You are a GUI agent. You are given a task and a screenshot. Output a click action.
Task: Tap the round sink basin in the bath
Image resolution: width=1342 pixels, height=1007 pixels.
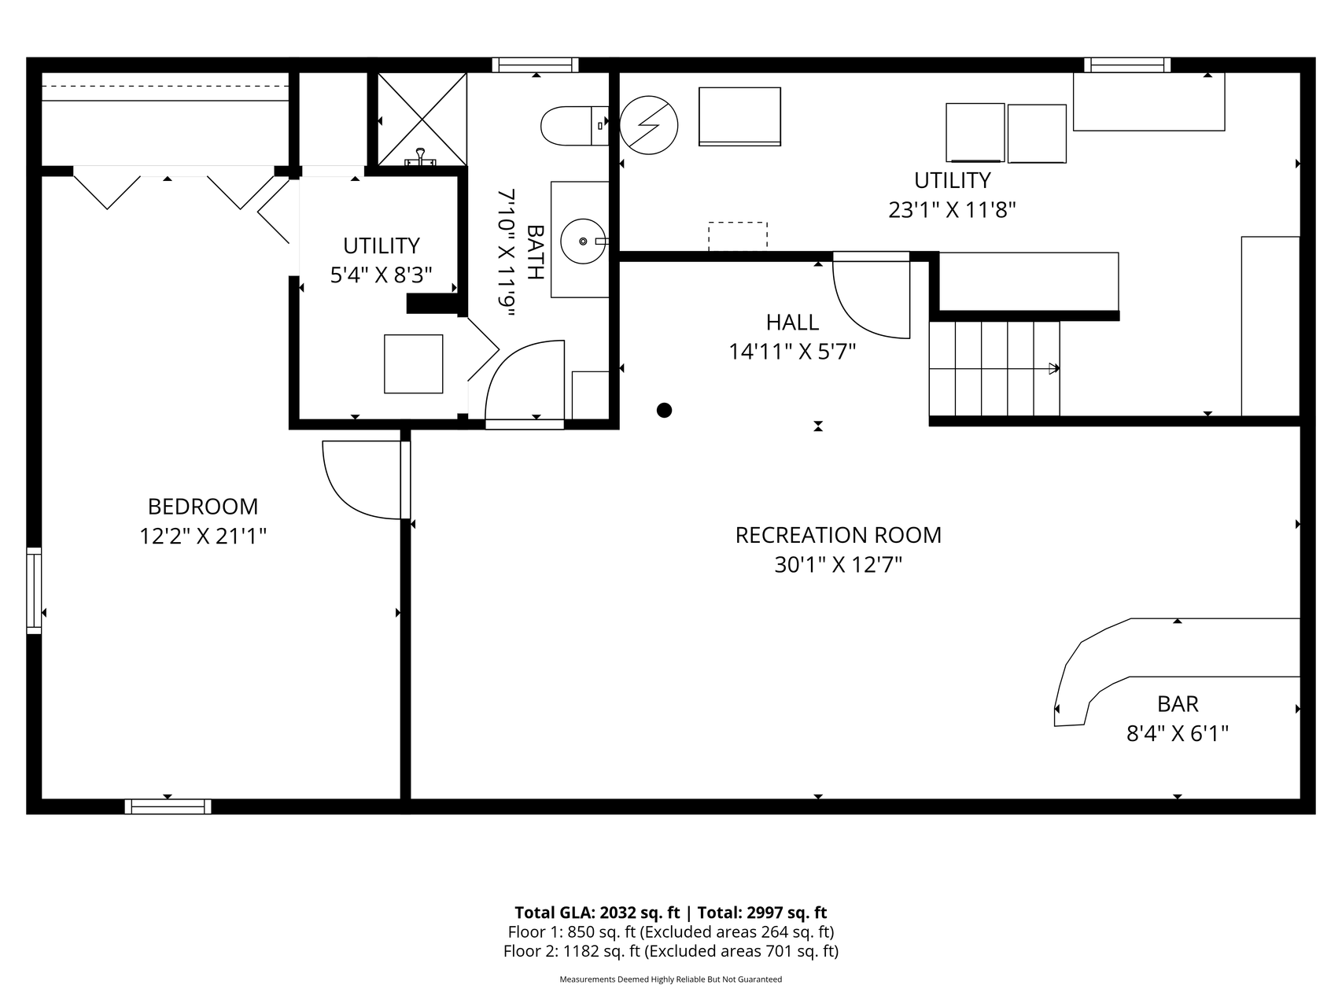(x=583, y=240)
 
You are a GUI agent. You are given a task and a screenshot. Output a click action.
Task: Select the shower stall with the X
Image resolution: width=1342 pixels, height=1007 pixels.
(x=422, y=120)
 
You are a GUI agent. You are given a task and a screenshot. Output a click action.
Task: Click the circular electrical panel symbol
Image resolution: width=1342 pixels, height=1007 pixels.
(x=649, y=125)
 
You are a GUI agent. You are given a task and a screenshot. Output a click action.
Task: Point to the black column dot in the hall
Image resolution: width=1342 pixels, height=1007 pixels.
(x=665, y=410)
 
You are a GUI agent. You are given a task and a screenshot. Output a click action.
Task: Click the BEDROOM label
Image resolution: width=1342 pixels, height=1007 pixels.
(x=203, y=506)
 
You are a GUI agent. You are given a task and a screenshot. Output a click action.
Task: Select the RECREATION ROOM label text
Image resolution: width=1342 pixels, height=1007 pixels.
(x=839, y=535)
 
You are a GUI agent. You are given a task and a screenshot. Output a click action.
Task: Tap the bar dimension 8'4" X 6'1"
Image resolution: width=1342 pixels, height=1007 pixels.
(x=1178, y=734)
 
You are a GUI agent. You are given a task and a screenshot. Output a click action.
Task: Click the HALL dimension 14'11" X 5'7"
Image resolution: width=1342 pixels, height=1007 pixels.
(x=792, y=351)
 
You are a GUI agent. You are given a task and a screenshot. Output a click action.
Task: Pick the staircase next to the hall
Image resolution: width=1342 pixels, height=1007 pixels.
(x=995, y=368)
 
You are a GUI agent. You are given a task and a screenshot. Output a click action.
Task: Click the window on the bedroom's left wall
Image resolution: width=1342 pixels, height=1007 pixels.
(x=34, y=590)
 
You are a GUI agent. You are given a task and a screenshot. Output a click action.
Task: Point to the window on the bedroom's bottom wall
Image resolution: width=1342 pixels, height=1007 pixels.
(x=168, y=806)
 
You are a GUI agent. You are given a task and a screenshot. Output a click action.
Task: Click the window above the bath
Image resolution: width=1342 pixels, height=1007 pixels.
(x=536, y=65)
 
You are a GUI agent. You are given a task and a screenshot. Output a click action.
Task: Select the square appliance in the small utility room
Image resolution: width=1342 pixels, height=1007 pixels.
(x=414, y=363)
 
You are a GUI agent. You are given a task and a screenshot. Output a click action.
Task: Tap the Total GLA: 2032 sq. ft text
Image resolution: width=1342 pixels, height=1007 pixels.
(x=597, y=913)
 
